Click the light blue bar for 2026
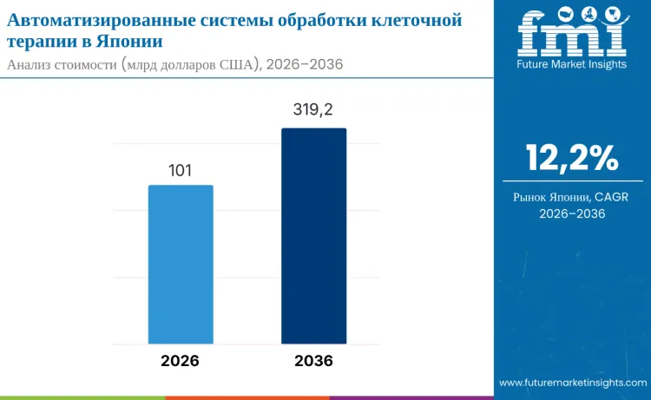coord(181,264)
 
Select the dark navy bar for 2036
coord(313,236)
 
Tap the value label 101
coord(180,171)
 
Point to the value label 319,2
coord(313,112)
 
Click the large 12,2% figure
coord(572,158)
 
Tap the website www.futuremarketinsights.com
coord(572,382)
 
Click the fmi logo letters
coord(572,34)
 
